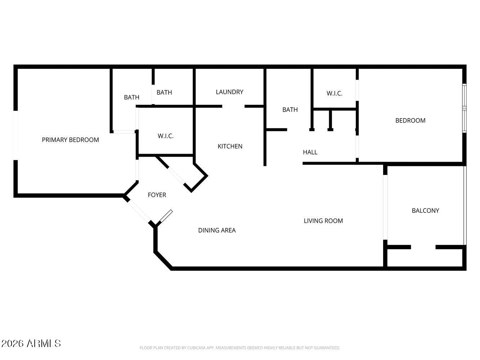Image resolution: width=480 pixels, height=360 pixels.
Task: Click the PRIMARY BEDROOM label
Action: [70, 140]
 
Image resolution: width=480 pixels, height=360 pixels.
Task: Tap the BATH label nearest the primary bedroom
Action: [131, 97]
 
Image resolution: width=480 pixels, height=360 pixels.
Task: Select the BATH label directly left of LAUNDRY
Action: [164, 93]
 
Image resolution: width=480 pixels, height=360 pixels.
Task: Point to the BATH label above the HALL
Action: [290, 110]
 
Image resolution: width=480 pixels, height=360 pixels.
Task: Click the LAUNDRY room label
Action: [229, 92]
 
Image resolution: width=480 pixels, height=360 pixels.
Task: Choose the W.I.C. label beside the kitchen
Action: [166, 136]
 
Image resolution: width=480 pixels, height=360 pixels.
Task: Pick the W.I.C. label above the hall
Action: [335, 94]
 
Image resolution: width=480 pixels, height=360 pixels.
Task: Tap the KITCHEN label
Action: [230, 147]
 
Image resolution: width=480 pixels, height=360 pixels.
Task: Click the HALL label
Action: [310, 152]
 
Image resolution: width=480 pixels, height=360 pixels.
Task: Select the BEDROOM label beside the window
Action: [410, 121]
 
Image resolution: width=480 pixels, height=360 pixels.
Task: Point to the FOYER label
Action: [157, 195]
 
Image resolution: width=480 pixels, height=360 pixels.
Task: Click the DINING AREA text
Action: [217, 230]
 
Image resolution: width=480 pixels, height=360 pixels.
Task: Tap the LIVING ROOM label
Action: [323, 221]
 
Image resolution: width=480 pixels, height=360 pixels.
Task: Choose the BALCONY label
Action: [425, 211]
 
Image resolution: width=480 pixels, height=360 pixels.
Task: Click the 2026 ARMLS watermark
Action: [31, 343]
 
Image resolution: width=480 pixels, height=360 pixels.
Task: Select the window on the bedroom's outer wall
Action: [465, 108]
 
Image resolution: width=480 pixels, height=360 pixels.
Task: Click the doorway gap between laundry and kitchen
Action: [233, 107]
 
